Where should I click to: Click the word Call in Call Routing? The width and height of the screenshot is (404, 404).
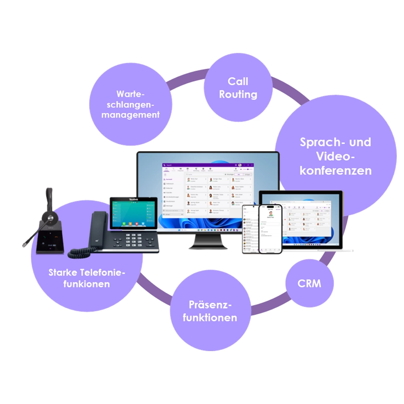coord(238,81)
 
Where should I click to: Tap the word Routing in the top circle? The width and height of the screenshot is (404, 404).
coord(238,95)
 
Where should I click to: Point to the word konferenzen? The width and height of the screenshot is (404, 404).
coord(335,170)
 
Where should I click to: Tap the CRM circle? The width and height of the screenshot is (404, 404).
coord(309,283)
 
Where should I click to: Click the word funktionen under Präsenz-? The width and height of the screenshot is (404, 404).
coord(210,318)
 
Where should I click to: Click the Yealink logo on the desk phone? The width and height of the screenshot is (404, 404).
coord(133,200)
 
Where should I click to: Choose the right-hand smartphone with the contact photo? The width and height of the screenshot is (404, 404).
coord(269,229)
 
